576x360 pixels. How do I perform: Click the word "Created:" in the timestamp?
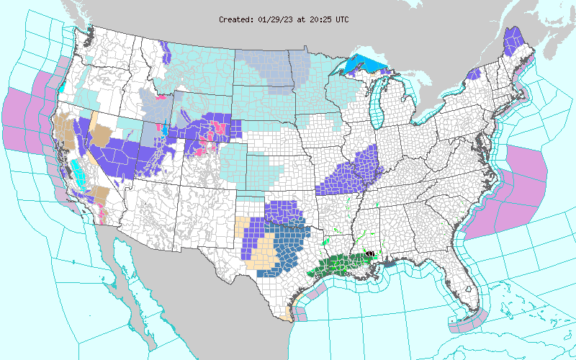pos(236,19)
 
